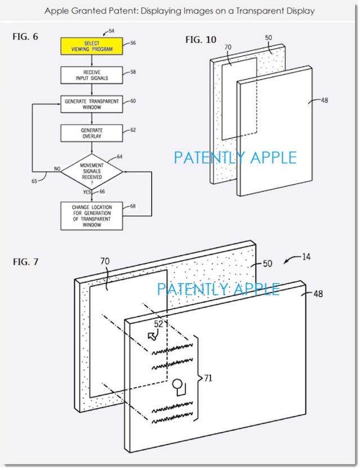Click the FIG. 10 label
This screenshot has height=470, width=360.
[x=201, y=39]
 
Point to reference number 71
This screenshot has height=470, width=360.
[x=208, y=378]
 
